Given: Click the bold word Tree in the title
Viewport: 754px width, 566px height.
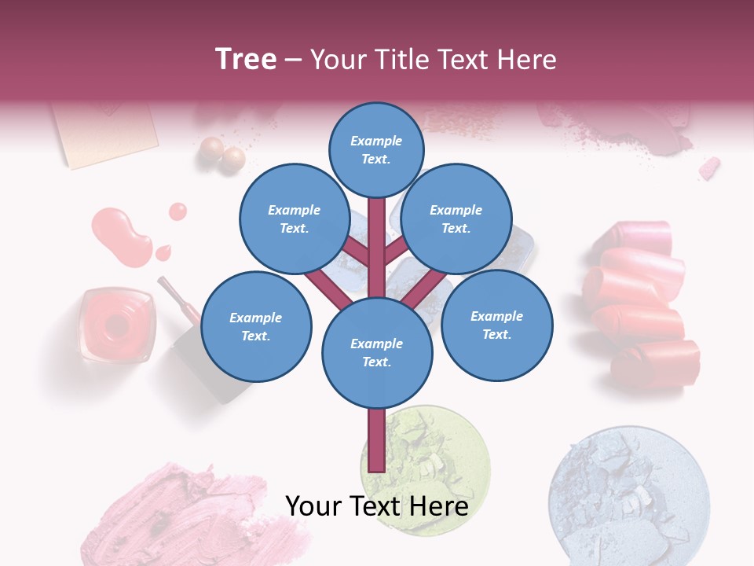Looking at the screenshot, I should pos(246,59).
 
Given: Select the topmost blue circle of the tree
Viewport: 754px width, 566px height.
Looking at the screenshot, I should pos(376,149).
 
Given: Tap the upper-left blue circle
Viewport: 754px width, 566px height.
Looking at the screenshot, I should pos(294,219).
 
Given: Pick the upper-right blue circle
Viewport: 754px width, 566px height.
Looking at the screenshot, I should pos(456,219).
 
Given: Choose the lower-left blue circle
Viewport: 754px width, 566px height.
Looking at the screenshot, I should pos(256,326).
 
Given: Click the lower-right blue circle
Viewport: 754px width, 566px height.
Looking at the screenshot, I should pos(496,325).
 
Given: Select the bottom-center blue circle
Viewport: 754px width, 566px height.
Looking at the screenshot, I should pos(376,352).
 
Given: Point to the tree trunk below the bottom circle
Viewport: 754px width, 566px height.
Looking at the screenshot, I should pos(376,440).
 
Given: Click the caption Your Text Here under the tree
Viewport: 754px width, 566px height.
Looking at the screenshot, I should pos(376,506).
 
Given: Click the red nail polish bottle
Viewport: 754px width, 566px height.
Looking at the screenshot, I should pos(116,324).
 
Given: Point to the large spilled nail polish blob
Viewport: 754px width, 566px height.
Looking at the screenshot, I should pos(122,236).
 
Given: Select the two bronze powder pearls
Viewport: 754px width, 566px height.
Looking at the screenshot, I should pos(223,154).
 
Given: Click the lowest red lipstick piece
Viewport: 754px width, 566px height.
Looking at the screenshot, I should pos(656,363).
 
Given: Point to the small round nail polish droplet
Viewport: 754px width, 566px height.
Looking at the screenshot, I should pos(178,211).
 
